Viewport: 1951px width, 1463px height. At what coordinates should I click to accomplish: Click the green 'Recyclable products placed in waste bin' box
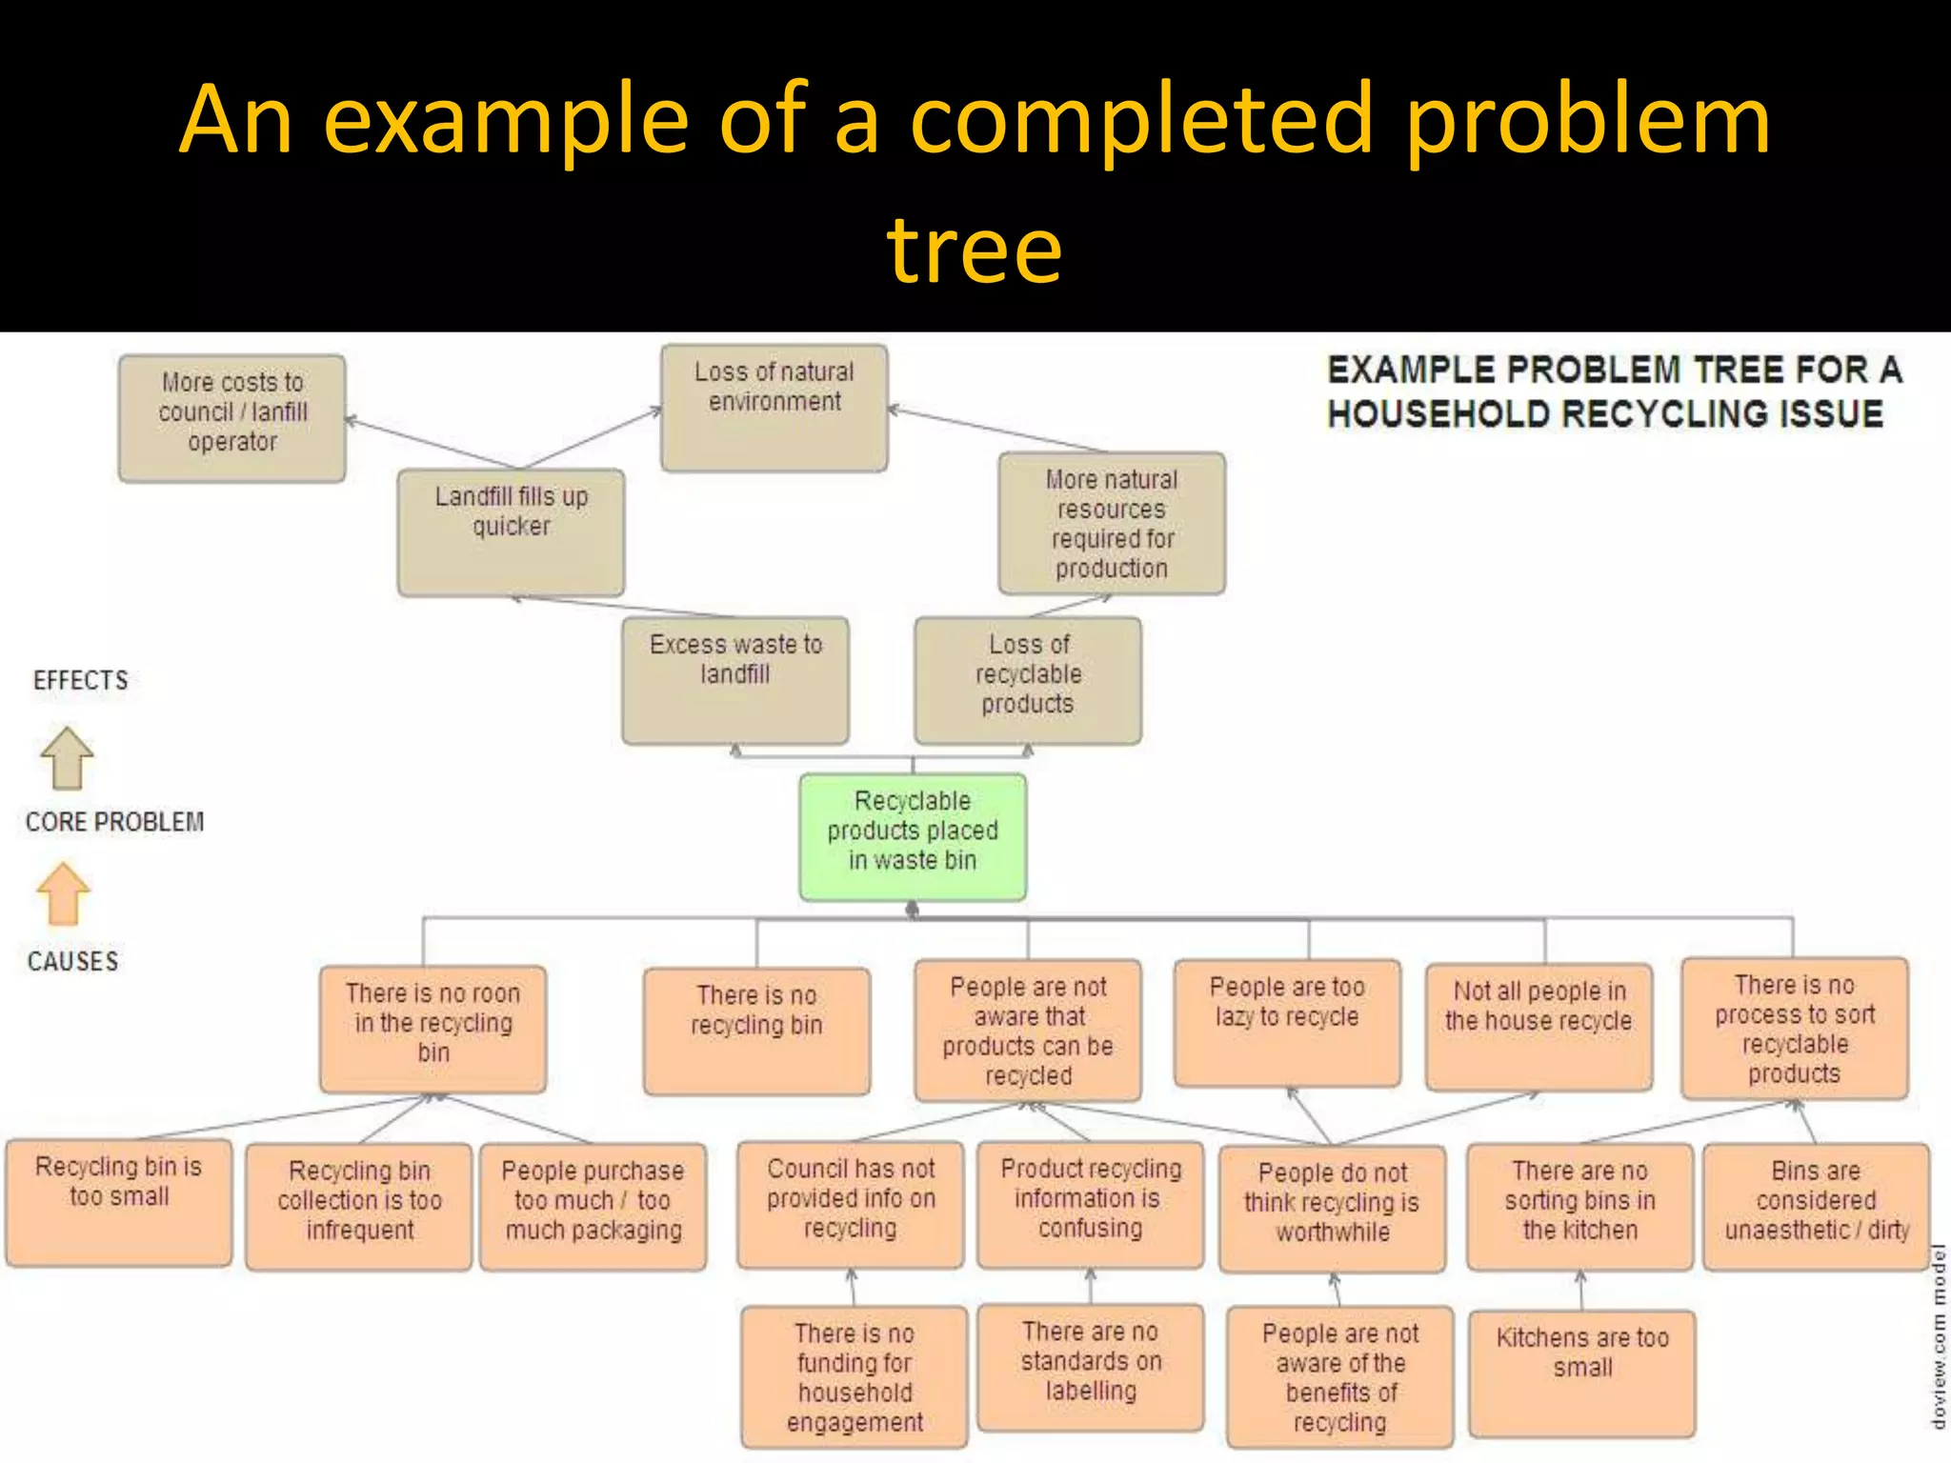913,836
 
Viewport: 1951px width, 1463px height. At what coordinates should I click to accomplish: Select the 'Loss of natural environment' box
774,408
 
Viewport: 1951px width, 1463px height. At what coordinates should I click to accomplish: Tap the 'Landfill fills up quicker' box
511,531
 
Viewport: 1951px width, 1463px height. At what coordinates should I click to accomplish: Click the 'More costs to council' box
231,417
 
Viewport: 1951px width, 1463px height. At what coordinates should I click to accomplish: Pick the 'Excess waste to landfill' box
734,679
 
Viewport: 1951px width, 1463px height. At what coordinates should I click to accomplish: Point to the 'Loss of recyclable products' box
1027,679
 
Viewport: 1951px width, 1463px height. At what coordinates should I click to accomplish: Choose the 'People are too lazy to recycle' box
1287,1022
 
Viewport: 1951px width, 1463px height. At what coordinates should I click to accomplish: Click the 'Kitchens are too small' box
1581,1373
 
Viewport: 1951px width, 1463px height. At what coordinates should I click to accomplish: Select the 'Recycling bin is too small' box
118,1202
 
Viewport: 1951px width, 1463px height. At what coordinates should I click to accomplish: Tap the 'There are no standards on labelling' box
1091,1367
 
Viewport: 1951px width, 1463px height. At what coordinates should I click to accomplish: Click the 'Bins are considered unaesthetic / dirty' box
1816,1206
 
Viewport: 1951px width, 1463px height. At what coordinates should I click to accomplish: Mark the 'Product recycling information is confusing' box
1091,1204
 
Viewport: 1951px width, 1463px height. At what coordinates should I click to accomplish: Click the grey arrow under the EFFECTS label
67,758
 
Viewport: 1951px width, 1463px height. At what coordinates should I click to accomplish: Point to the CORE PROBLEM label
114,822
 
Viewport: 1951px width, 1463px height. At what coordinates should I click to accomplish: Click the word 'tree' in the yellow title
974,250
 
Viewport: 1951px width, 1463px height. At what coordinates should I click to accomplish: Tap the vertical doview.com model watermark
1938,1333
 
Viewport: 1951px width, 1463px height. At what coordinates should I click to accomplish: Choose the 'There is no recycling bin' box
756,1030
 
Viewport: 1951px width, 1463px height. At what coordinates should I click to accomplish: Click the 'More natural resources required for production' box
1111,523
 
